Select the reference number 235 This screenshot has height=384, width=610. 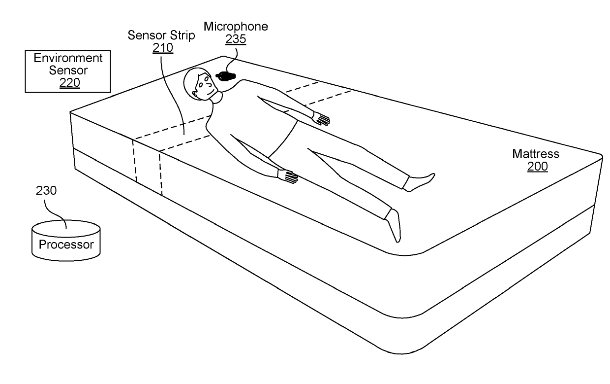pyautogui.click(x=236, y=39)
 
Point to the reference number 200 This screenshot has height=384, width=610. pyautogui.click(x=537, y=167)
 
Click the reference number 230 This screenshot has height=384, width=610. pyautogui.click(x=46, y=191)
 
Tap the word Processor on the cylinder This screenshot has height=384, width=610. pyautogui.click(x=66, y=244)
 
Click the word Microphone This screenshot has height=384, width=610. pyautogui.click(x=236, y=27)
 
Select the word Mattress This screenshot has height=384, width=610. pyautogui.click(x=536, y=154)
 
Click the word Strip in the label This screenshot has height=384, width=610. pyautogui.click(x=183, y=35)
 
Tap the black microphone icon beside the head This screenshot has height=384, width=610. pyautogui.click(x=226, y=76)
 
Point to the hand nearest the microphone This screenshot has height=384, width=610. pyautogui.click(x=321, y=118)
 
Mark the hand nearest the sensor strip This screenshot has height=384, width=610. pyautogui.click(x=288, y=176)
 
